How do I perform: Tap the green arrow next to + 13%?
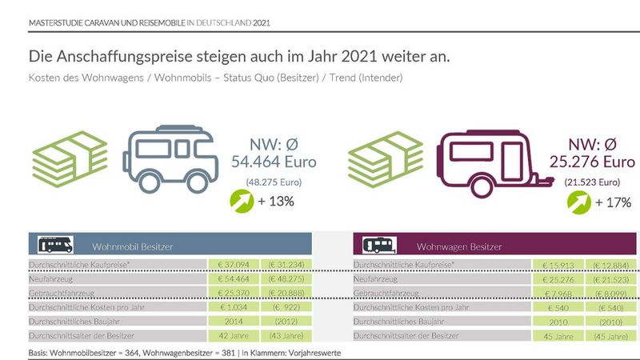240,201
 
